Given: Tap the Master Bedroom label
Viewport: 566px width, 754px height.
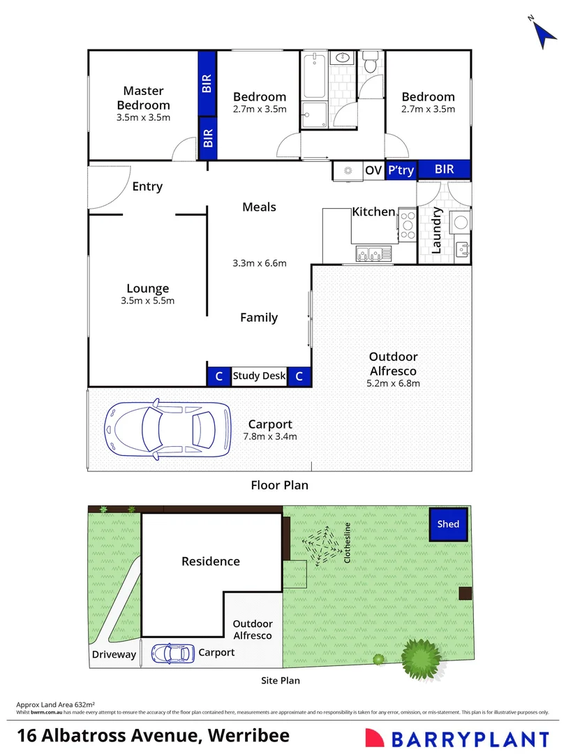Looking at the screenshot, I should (x=143, y=98).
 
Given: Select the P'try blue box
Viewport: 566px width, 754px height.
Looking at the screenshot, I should (x=401, y=170).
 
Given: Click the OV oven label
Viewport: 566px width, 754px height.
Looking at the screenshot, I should (x=373, y=170).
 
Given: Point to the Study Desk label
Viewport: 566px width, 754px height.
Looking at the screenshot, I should (x=259, y=376).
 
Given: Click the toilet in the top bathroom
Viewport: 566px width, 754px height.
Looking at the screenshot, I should (x=370, y=64).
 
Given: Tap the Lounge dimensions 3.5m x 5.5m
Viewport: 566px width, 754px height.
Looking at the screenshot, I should (x=147, y=301).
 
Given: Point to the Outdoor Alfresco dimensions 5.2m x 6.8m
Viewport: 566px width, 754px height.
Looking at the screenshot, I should (x=394, y=383).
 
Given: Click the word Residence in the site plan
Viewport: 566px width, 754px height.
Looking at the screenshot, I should (x=211, y=561).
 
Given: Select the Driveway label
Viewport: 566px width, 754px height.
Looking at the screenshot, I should (x=114, y=654).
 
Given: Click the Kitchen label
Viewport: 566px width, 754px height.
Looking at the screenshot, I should (x=373, y=212).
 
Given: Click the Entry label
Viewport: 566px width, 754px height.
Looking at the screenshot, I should (x=147, y=186).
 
